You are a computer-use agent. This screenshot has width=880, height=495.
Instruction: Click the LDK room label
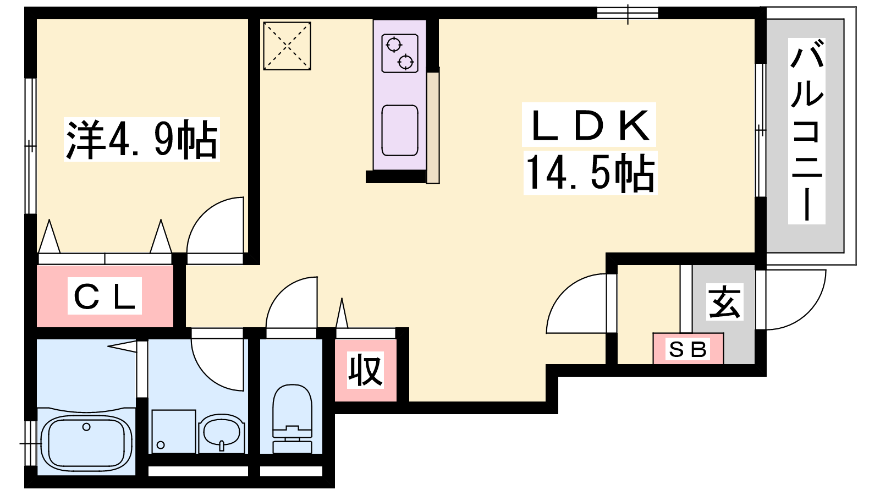click(x=589, y=125)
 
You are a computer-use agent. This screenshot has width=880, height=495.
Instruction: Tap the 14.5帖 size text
click(x=590, y=173)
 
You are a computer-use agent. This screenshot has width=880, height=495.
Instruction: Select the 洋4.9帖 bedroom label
click(x=142, y=140)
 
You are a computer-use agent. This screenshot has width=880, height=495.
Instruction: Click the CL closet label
click(x=105, y=296)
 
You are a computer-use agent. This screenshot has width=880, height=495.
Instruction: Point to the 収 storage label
click(x=365, y=370)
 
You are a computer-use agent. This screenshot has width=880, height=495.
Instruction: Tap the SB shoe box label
click(x=687, y=349)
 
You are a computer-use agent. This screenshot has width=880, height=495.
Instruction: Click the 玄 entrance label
click(x=724, y=302)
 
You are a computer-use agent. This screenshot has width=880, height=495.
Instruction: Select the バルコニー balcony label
click(x=806, y=131)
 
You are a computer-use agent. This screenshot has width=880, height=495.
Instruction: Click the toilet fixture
click(x=292, y=419)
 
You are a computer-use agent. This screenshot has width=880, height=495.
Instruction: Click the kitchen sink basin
click(x=400, y=130)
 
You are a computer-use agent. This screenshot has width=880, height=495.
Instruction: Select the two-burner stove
click(x=400, y=53)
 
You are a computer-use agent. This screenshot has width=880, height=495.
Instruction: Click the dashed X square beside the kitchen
click(x=287, y=46)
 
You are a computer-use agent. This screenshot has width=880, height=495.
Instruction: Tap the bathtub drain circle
click(x=86, y=427)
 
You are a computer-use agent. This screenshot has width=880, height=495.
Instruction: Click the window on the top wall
click(x=628, y=13)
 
